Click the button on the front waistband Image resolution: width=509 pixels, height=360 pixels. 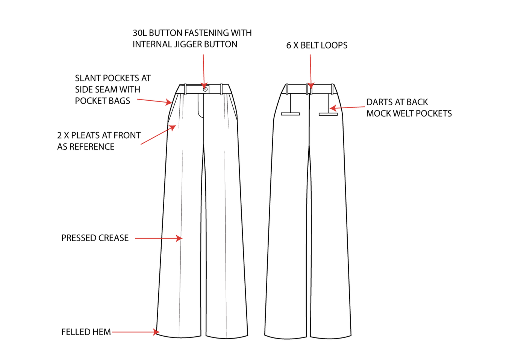tap(205, 89)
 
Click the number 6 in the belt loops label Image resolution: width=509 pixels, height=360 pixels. tap(289, 45)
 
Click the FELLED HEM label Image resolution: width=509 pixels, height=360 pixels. tap(86, 332)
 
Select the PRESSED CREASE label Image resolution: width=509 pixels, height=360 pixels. tap(95, 238)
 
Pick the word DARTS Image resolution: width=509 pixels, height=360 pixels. tap(380, 102)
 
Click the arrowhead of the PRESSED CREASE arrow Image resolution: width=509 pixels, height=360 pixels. tap(179, 238)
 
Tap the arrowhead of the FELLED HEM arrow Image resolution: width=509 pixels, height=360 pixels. tap(156, 332)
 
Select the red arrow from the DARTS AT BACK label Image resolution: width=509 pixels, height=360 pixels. tap(348, 108)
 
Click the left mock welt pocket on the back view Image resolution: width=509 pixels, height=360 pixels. tap(290, 113)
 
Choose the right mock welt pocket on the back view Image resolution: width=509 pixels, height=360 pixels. tap(328, 114)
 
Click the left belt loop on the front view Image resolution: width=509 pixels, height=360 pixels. tap(185, 89)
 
